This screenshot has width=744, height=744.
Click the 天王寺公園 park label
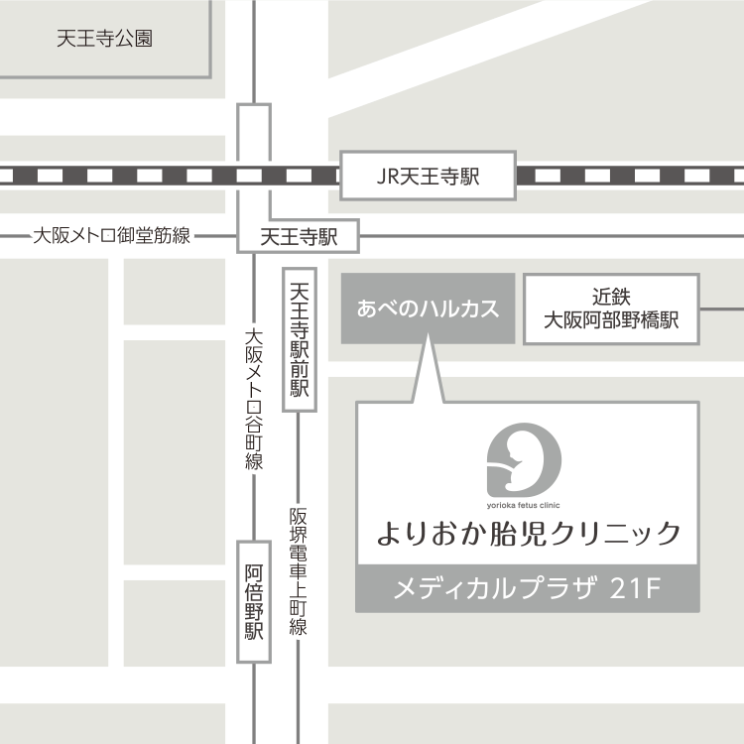click(x=104, y=40)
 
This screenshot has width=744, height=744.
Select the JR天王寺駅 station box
click(x=428, y=177)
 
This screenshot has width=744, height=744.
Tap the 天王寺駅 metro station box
click(x=299, y=238)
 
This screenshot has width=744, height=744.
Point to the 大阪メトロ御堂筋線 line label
click(x=112, y=236)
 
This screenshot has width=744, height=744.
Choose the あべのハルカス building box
click(x=428, y=309)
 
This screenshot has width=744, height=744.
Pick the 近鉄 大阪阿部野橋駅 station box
click(x=611, y=309)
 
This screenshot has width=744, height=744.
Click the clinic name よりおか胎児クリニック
click(x=528, y=534)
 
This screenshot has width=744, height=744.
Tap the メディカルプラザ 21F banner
click(x=527, y=589)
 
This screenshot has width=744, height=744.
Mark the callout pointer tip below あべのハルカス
click(x=428, y=337)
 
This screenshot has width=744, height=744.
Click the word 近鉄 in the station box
click(x=611, y=296)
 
